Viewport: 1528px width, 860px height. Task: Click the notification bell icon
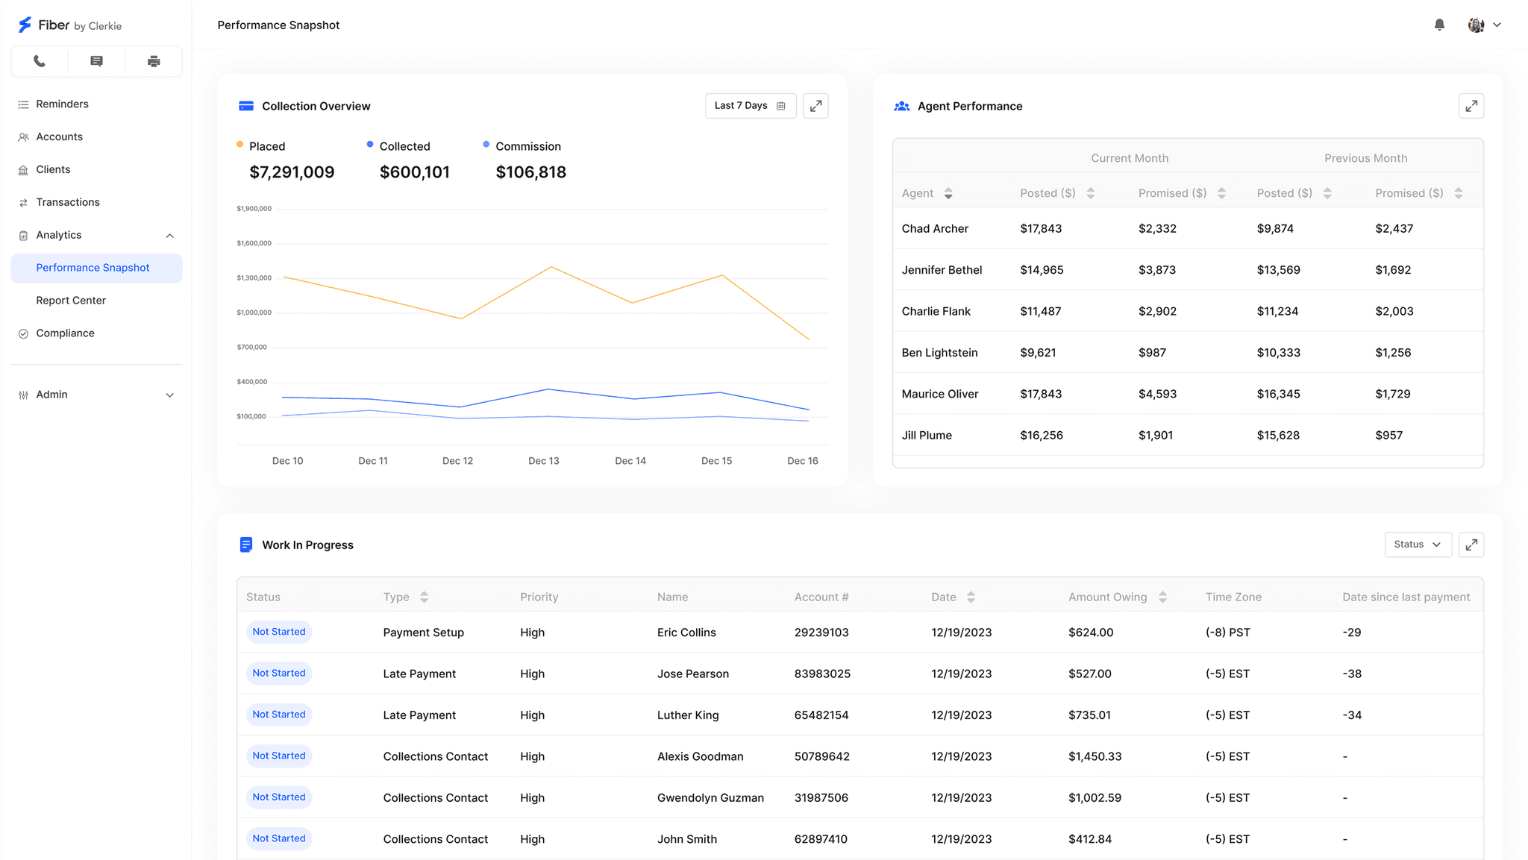point(1439,25)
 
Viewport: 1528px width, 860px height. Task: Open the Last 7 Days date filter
point(751,106)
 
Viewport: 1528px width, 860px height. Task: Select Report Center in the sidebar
point(71,301)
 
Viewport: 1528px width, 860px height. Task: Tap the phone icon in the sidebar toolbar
point(40,61)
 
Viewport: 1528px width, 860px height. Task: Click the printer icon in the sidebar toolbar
point(154,61)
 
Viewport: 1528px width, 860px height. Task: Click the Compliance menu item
point(65,333)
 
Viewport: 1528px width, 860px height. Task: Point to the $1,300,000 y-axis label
point(254,277)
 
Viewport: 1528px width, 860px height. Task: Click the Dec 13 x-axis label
point(543,461)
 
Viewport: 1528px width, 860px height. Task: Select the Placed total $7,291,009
point(292,172)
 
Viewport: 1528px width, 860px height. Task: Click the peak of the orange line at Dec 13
point(551,266)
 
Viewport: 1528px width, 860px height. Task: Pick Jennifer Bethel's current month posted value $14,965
point(1042,270)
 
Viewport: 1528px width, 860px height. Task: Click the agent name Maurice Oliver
point(940,394)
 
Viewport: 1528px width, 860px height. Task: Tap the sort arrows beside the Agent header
point(948,193)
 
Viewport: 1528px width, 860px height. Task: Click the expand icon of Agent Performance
point(1471,106)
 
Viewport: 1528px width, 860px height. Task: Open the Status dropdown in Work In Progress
point(1418,544)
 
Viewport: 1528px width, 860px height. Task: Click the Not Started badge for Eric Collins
point(279,632)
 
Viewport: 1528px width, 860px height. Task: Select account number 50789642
point(821,756)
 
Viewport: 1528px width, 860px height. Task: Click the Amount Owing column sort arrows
point(1162,597)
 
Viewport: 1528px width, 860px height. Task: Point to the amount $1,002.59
point(1095,797)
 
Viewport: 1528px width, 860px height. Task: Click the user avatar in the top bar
point(1476,25)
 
